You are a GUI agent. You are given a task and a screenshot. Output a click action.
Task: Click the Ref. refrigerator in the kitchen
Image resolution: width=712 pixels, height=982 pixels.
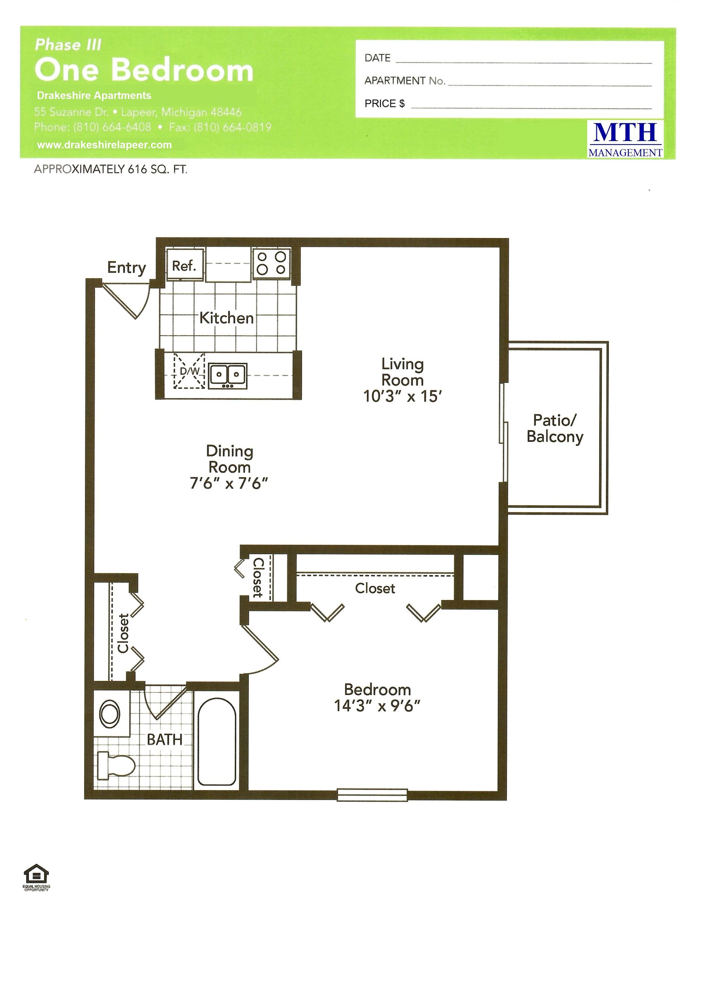coord(185,265)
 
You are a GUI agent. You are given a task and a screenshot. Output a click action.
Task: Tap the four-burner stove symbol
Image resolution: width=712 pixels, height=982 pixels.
coord(271,263)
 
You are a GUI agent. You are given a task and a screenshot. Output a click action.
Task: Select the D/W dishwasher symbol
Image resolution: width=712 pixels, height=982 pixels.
coord(189,371)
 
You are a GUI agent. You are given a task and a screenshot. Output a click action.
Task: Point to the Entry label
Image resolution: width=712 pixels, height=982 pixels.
coord(126,268)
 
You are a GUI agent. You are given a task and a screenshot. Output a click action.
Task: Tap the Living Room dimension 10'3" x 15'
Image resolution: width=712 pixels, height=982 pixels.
coord(402,396)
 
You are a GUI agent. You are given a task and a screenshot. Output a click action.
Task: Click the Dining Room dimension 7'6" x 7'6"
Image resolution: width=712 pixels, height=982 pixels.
coord(229,483)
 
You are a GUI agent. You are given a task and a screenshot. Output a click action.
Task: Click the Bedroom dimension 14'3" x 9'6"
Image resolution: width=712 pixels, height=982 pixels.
coord(377,706)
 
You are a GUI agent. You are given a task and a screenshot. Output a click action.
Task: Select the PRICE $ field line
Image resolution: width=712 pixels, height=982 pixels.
coord(531,107)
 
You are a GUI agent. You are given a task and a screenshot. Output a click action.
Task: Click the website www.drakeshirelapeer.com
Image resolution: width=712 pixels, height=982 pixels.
coord(104,145)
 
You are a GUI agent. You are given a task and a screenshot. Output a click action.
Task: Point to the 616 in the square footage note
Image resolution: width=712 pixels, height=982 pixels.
coord(138,170)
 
